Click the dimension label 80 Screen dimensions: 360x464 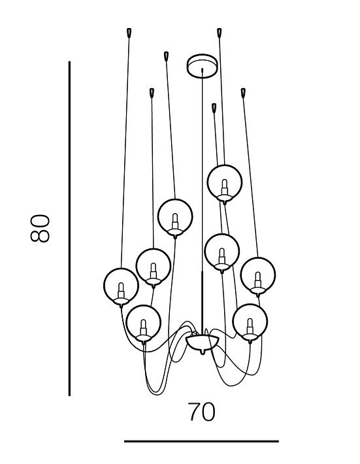40,228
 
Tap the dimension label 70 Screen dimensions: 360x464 201,412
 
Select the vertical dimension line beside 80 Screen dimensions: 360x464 69,229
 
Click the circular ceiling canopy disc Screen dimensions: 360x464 202,66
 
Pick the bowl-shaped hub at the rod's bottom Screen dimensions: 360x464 203,342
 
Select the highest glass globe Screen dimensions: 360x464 225,182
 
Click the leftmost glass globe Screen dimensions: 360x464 121,286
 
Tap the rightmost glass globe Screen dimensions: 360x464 258,276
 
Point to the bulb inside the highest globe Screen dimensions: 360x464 225,187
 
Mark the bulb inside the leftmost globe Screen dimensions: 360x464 121,291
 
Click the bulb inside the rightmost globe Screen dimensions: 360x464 258,280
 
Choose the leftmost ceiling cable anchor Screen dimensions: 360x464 129,33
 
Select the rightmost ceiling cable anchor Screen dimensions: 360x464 243,93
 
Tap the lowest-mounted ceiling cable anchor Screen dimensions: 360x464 214,108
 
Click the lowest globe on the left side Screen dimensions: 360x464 144,323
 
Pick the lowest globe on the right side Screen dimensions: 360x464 250,322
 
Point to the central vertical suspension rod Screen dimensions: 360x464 202,201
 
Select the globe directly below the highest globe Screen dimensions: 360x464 222,252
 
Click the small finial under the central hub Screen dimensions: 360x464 203,352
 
